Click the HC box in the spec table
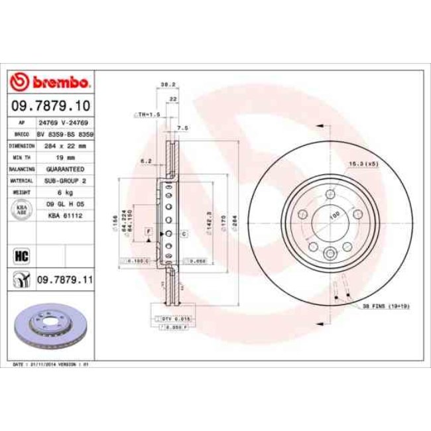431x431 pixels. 19,254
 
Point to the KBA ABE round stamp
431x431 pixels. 20,209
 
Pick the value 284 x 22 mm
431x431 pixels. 62,145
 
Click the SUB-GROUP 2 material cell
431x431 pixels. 62,180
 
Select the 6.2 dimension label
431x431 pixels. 147,161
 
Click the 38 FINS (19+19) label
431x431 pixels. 386,306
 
